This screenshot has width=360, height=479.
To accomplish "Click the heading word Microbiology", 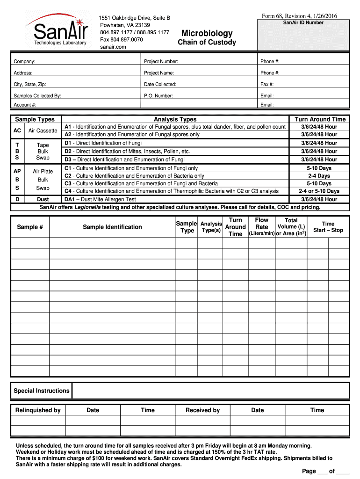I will click(x=207, y=33).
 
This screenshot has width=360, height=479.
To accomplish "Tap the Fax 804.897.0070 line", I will click(x=122, y=40).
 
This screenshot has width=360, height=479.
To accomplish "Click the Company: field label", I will click(x=24, y=62).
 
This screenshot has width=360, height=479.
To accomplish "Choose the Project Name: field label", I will click(x=159, y=73).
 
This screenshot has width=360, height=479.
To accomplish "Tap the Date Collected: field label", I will click(x=160, y=84).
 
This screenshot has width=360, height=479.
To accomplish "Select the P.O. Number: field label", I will click(x=158, y=95).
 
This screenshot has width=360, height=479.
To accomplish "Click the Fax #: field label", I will click(x=267, y=84).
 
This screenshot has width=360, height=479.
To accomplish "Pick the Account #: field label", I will click(x=25, y=105).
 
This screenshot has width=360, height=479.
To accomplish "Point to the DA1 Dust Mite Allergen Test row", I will click(x=100, y=199).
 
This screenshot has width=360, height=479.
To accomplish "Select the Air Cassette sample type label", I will click(x=43, y=131).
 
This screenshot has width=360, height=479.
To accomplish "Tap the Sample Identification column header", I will click(x=112, y=227).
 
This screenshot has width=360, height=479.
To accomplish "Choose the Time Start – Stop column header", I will click(x=328, y=227).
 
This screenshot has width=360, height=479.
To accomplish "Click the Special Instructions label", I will click(x=42, y=391).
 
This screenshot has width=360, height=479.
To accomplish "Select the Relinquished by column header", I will click(x=38, y=410).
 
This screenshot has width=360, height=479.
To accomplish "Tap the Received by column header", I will click(x=202, y=410).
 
